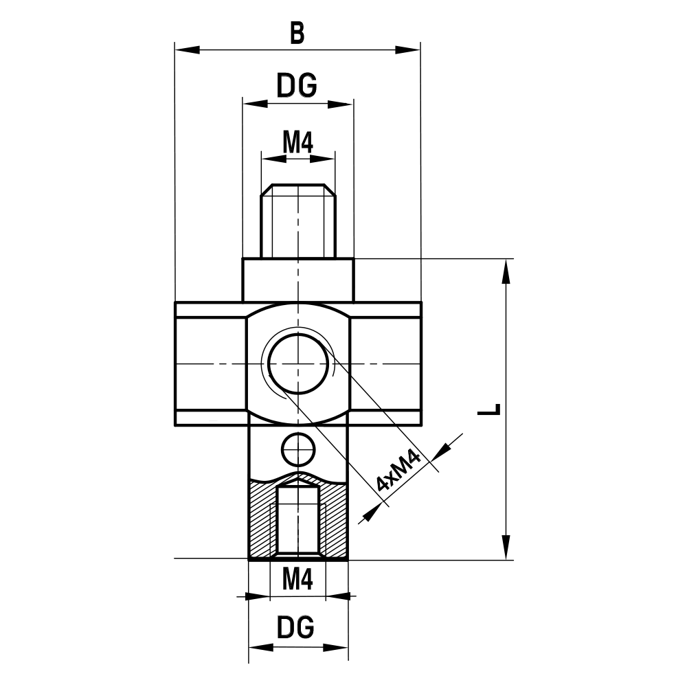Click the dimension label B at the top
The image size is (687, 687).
(x=297, y=32)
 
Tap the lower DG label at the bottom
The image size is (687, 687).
(x=296, y=627)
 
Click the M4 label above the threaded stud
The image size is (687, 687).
(x=297, y=143)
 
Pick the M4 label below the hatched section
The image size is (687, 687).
(x=297, y=581)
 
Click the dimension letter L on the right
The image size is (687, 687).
(x=489, y=410)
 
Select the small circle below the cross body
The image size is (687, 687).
(x=298, y=449)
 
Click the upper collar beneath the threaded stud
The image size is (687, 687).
(x=297, y=280)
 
